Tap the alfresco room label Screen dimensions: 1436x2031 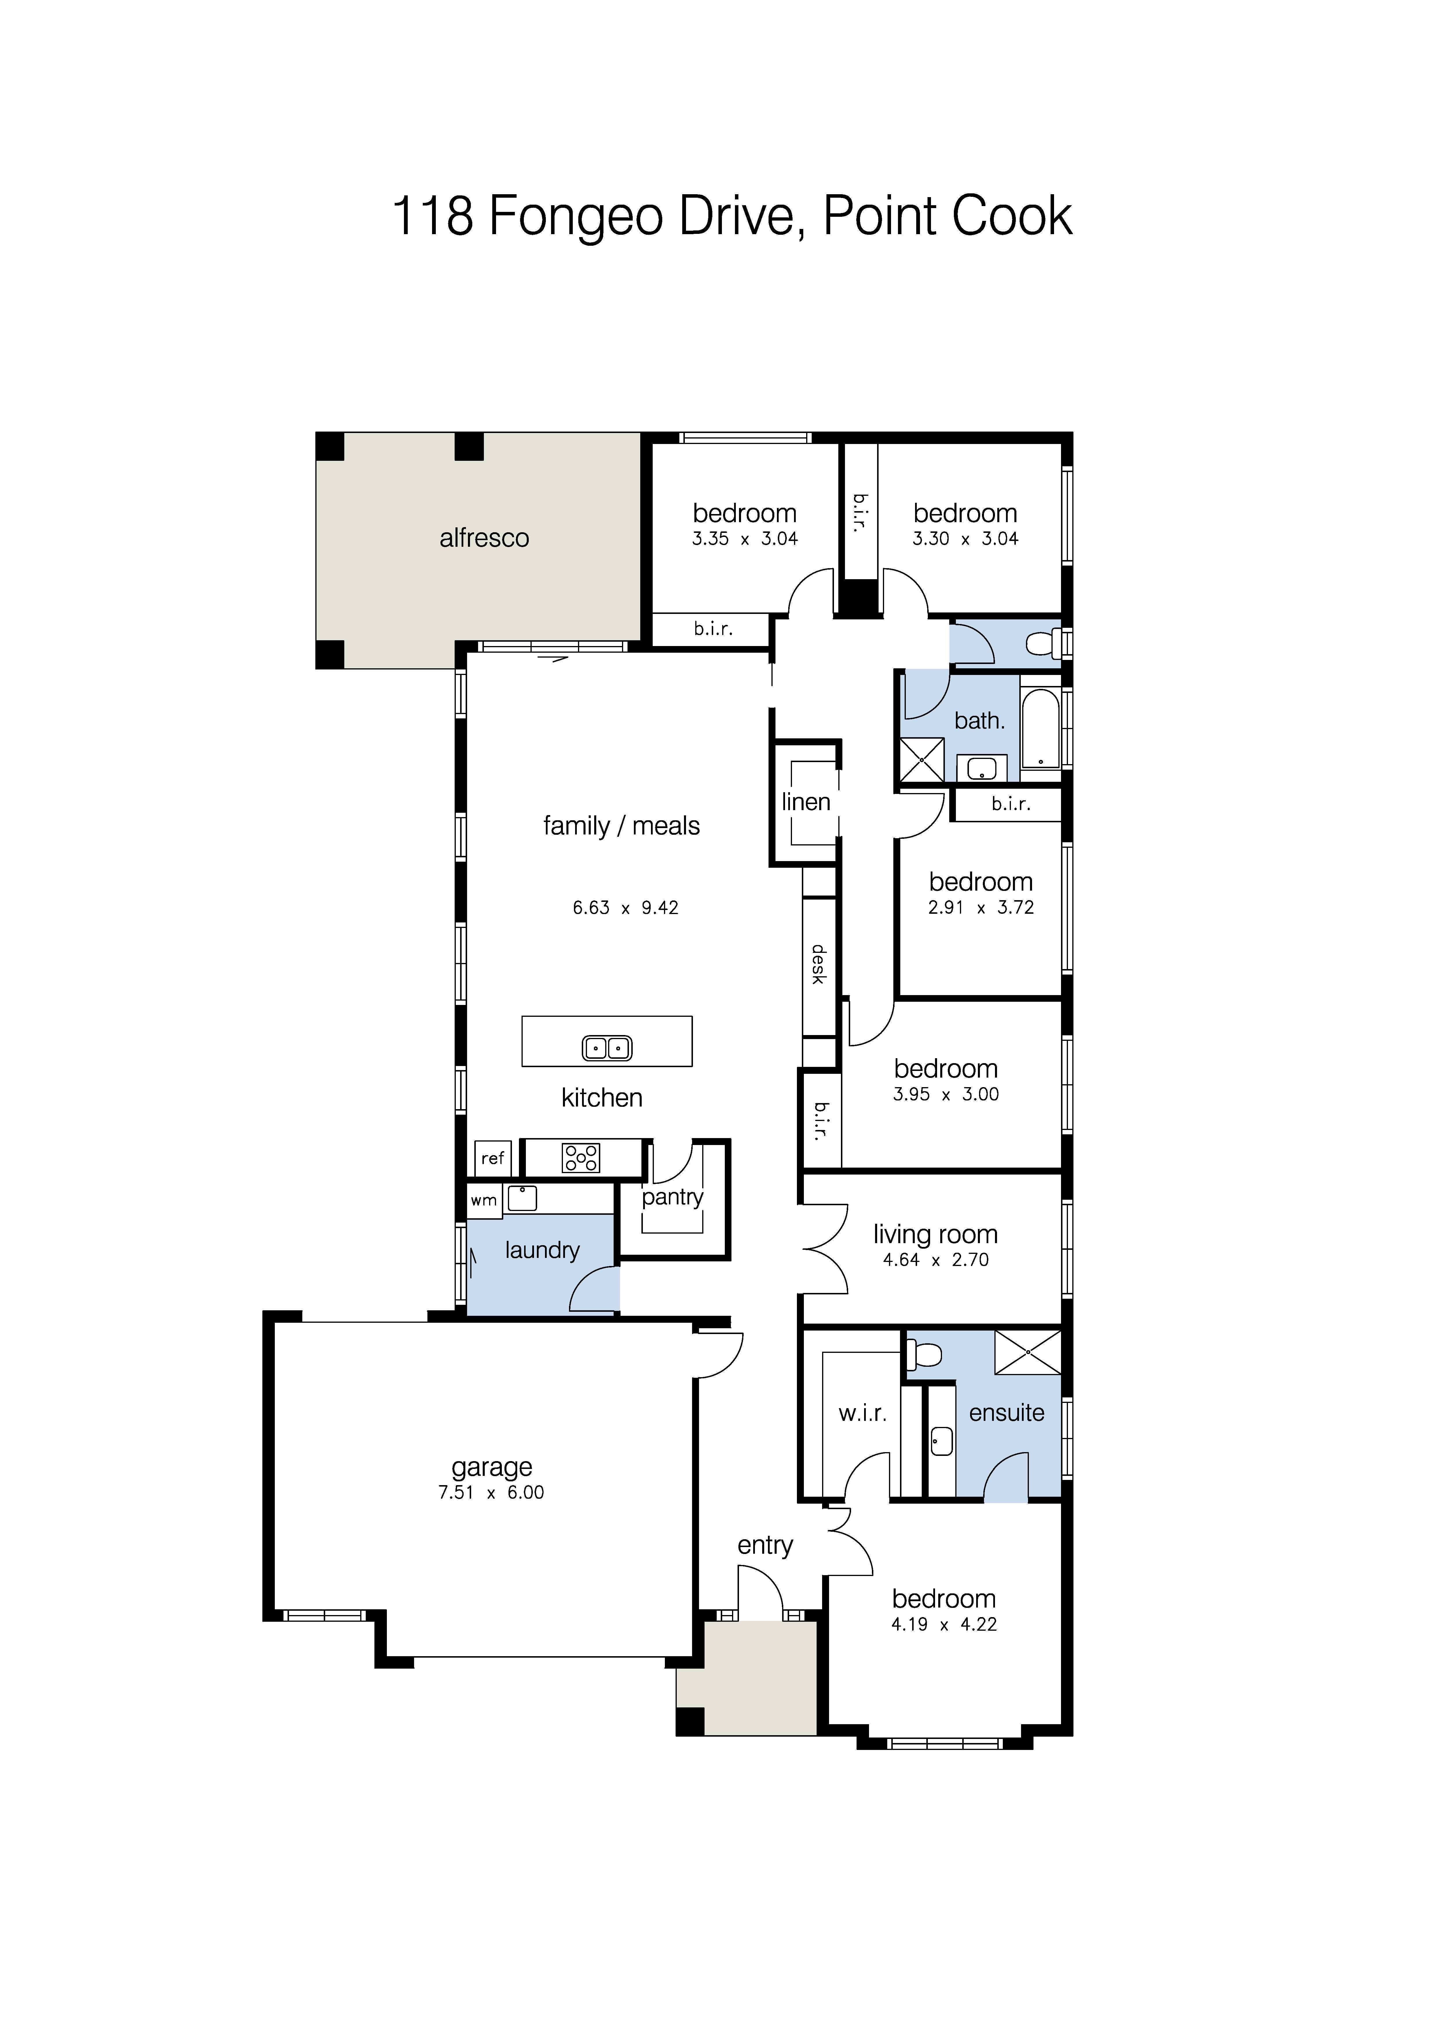[x=484, y=538]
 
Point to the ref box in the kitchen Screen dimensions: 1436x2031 [x=493, y=1158]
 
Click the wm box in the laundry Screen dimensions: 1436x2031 [x=484, y=1200]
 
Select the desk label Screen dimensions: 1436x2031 [x=818, y=964]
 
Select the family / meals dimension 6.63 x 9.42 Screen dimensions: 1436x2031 [x=625, y=908]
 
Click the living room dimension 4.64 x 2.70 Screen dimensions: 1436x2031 [x=936, y=1260]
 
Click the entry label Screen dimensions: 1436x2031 [x=765, y=1545]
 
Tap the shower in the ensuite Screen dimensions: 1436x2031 [x=1028, y=1353]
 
